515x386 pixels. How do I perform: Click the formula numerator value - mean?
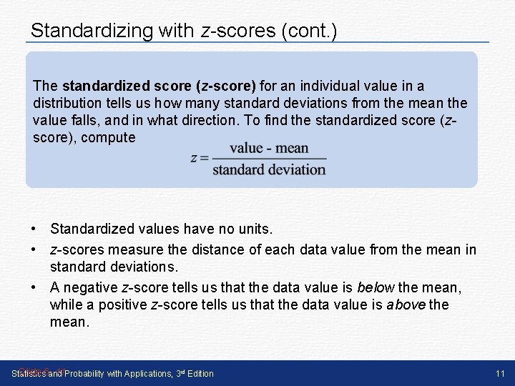269,149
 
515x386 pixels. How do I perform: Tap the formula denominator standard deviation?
269,170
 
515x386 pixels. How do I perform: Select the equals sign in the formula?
204,159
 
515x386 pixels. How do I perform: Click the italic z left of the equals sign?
194,159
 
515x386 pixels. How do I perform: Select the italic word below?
375,287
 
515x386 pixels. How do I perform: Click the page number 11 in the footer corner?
500,373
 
